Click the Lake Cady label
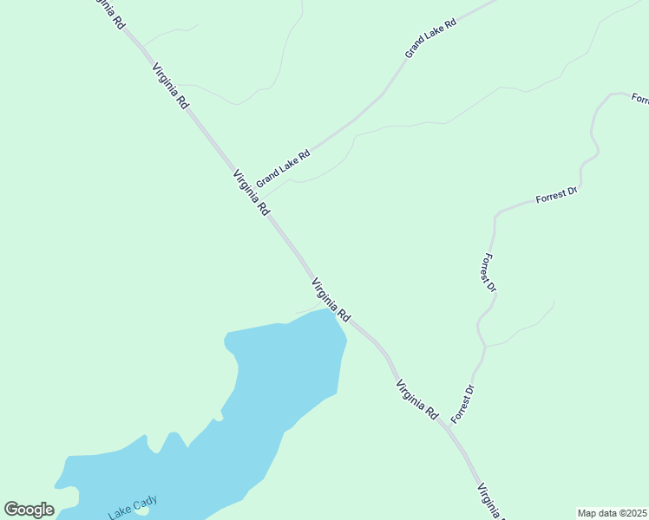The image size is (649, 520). (x=133, y=506)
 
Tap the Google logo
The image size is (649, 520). (x=29, y=510)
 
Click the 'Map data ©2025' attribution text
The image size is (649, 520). (x=612, y=513)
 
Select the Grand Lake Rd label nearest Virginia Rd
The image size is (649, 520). (x=283, y=166)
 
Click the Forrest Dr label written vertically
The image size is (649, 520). (x=488, y=272)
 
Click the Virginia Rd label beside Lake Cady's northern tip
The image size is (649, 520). (x=331, y=300)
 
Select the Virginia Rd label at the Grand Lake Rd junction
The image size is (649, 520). (x=252, y=192)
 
